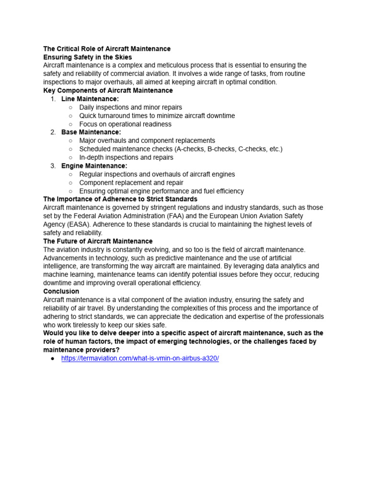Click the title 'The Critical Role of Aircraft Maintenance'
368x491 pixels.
tap(106, 49)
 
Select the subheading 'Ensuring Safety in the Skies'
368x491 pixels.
tap(87, 57)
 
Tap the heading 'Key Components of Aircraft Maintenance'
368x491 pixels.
tap(108, 91)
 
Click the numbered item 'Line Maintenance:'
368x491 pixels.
tap(90, 99)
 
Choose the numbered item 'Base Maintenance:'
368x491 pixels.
tap(91, 132)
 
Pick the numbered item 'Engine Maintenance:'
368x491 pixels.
tap(94, 166)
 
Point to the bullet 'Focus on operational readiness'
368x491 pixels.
tap(125, 124)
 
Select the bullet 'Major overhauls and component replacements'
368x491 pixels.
tap(147, 141)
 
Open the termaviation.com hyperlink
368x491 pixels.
tap(140, 359)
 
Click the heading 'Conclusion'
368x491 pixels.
tap(61, 292)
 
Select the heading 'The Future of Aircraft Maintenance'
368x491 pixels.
tap(98, 241)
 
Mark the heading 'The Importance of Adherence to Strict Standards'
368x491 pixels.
tap(120, 199)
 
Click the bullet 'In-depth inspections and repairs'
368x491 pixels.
tap(126, 158)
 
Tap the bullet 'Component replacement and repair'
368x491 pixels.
tap(131, 183)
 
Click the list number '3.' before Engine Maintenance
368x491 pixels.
tap(53, 166)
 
